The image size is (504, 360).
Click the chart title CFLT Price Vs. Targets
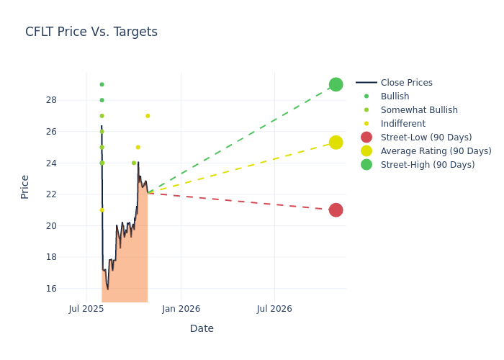[x=91, y=32]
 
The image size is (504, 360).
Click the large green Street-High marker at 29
[x=336, y=84]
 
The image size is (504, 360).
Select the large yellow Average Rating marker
[x=336, y=143]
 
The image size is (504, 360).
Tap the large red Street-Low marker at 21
[x=336, y=210]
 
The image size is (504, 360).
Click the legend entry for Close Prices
[x=406, y=83]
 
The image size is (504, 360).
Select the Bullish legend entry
[x=395, y=96]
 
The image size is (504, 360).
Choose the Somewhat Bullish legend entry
[x=419, y=110]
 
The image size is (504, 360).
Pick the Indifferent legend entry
[x=402, y=124]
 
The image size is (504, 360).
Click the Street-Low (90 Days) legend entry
[x=426, y=138]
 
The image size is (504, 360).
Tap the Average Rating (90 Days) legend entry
[x=436, y=151]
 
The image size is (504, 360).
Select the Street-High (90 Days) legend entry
[x=428, y=165]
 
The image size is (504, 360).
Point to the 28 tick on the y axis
[x=51, y=100]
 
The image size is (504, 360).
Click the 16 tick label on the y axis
[x=51, y=289]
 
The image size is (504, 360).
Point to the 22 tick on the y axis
[x=51, y=194]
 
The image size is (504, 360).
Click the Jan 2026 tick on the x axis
[x=181, y=309]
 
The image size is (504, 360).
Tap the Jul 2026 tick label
[x=274, y=309]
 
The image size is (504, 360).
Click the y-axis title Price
[x=25, y=187]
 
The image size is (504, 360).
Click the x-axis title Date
[x=202, y=329]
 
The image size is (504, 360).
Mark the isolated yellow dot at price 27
[x=148, y=116]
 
